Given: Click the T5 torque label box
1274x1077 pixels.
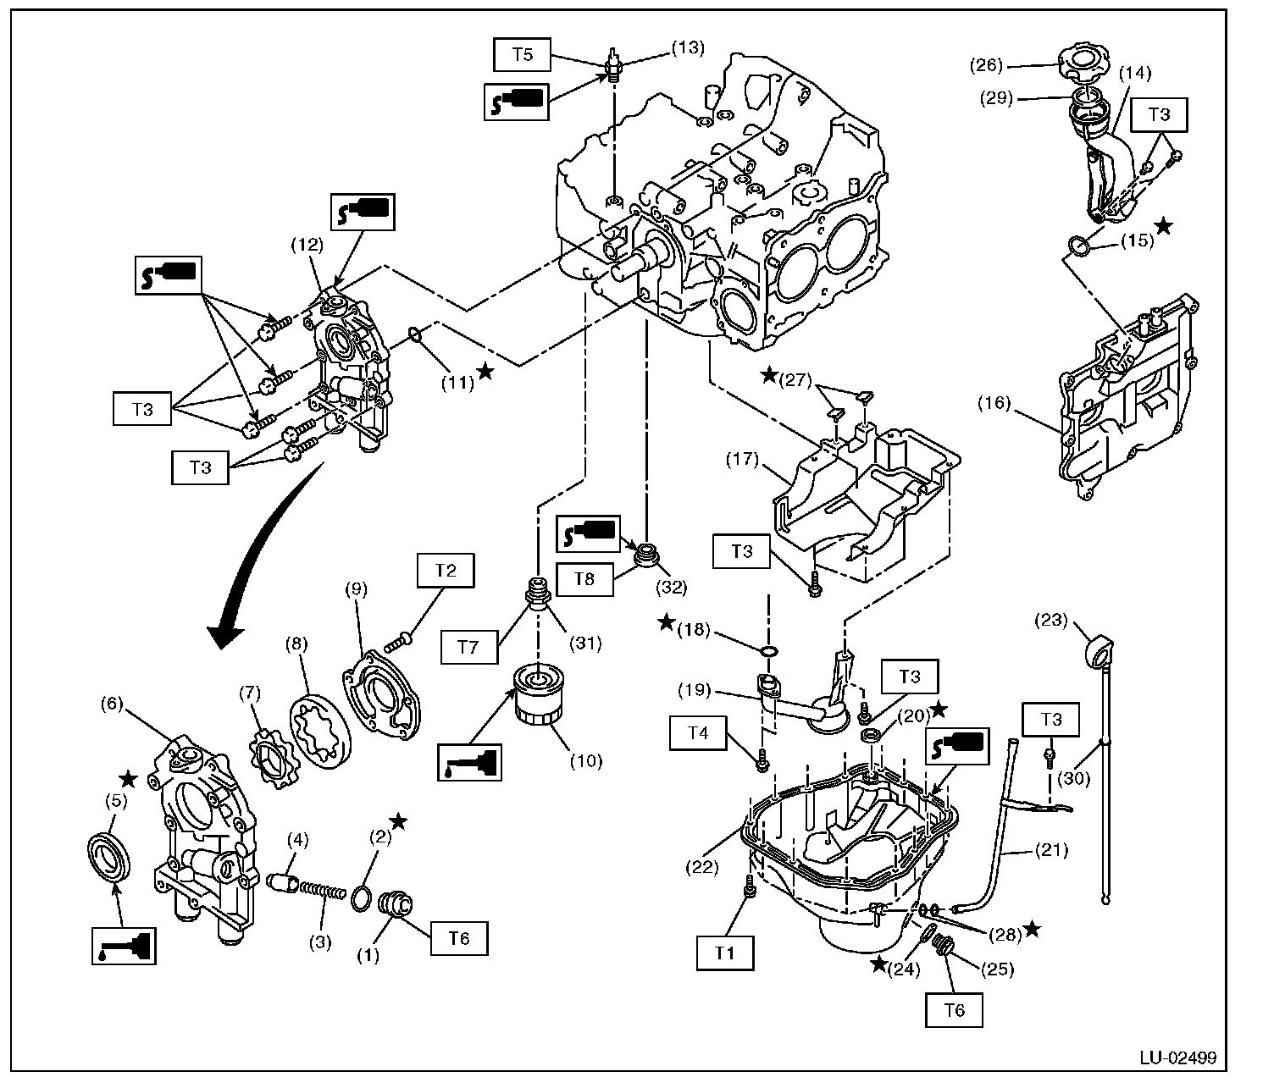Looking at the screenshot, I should [523, 56].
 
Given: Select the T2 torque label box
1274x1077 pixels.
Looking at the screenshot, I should [446, 572].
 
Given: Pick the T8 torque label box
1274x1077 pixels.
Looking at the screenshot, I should [584, 578].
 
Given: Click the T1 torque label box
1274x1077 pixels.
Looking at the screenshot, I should [724, 952].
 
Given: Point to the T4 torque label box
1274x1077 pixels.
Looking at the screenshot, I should [697, 733].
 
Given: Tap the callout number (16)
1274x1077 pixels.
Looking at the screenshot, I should [997, 404].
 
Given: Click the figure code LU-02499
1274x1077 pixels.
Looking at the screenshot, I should [1177, 1058].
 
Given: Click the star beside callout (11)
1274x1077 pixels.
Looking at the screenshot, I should [485, 372].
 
